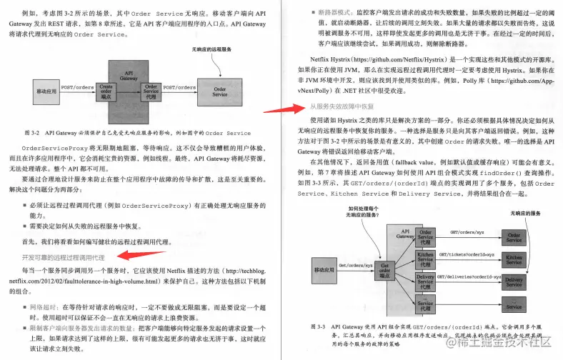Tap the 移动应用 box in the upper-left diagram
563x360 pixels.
tap(47, 92)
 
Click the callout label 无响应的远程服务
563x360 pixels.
tap(212, 49)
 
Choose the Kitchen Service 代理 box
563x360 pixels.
tap(426, 257)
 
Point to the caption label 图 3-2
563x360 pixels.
tap(32, 133)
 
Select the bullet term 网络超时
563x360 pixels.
tap(40, 306)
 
